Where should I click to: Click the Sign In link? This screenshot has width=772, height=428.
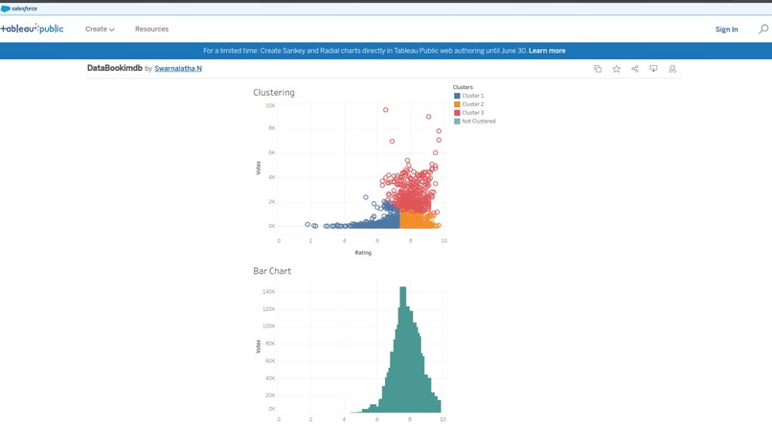[x=726, y=30]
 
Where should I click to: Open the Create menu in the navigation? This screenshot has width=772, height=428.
[x=100, y=30]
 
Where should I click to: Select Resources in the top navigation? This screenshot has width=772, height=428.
[x=151, y=30]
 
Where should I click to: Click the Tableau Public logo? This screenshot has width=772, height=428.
[x=33, y=29]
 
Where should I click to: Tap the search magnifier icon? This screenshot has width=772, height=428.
[x=762, y=30]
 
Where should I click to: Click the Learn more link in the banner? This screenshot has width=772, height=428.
[x=547, y=51]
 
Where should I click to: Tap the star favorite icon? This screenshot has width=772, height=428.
[x=616, y=69]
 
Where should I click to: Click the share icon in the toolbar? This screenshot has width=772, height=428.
[x=635, y=69]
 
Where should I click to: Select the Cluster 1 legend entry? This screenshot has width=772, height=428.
[x=472, y=96]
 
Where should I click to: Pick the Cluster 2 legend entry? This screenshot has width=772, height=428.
[x=472, y=104]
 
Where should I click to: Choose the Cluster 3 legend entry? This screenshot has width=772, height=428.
[x=472, y=113]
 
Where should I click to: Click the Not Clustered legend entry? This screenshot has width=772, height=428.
[x=477, y=122]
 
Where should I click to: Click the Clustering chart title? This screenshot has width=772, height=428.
[x=274, y=93]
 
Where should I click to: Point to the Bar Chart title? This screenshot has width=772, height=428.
[x=272, y=271]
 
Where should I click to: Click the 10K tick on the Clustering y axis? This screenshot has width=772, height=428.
[x=270, y=105]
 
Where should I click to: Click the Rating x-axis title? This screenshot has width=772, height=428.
[x=363, y=253]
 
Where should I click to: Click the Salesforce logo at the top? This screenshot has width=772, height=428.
[x=19, y=8]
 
